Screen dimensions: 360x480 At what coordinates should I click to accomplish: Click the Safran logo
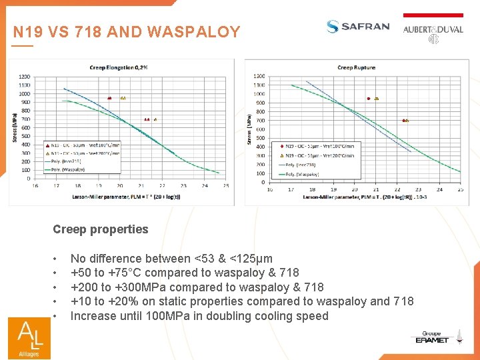click(358, 27)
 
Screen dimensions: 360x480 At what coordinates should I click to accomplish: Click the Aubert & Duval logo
click(433, 30)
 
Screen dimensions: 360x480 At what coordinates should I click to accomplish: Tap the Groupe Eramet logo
click(432, 338)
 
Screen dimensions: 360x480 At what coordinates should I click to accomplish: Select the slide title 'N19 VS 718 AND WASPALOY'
click(127, 32)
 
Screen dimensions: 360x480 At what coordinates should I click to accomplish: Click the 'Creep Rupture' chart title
click(356, 67)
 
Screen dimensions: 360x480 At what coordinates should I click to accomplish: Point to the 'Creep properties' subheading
click(101, 229)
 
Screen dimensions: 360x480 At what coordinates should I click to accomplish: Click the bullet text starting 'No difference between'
click(171, 259)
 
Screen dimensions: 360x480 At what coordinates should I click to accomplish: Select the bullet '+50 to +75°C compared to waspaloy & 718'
click(185, 273)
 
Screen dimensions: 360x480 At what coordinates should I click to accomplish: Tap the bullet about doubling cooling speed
click(199, 316)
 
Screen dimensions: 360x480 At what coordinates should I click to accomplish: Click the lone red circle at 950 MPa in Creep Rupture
click(368, 98)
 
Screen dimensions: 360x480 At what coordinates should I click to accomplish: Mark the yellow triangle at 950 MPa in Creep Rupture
click(377, 98)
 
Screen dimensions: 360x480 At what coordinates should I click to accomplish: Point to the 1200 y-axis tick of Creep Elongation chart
click(24, 76)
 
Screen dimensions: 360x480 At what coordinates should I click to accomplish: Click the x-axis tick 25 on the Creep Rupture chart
click(460, 189)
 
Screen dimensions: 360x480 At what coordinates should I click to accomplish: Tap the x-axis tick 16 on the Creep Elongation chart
click(35, 186)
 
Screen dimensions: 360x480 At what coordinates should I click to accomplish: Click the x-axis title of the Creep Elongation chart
click(126, 197)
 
